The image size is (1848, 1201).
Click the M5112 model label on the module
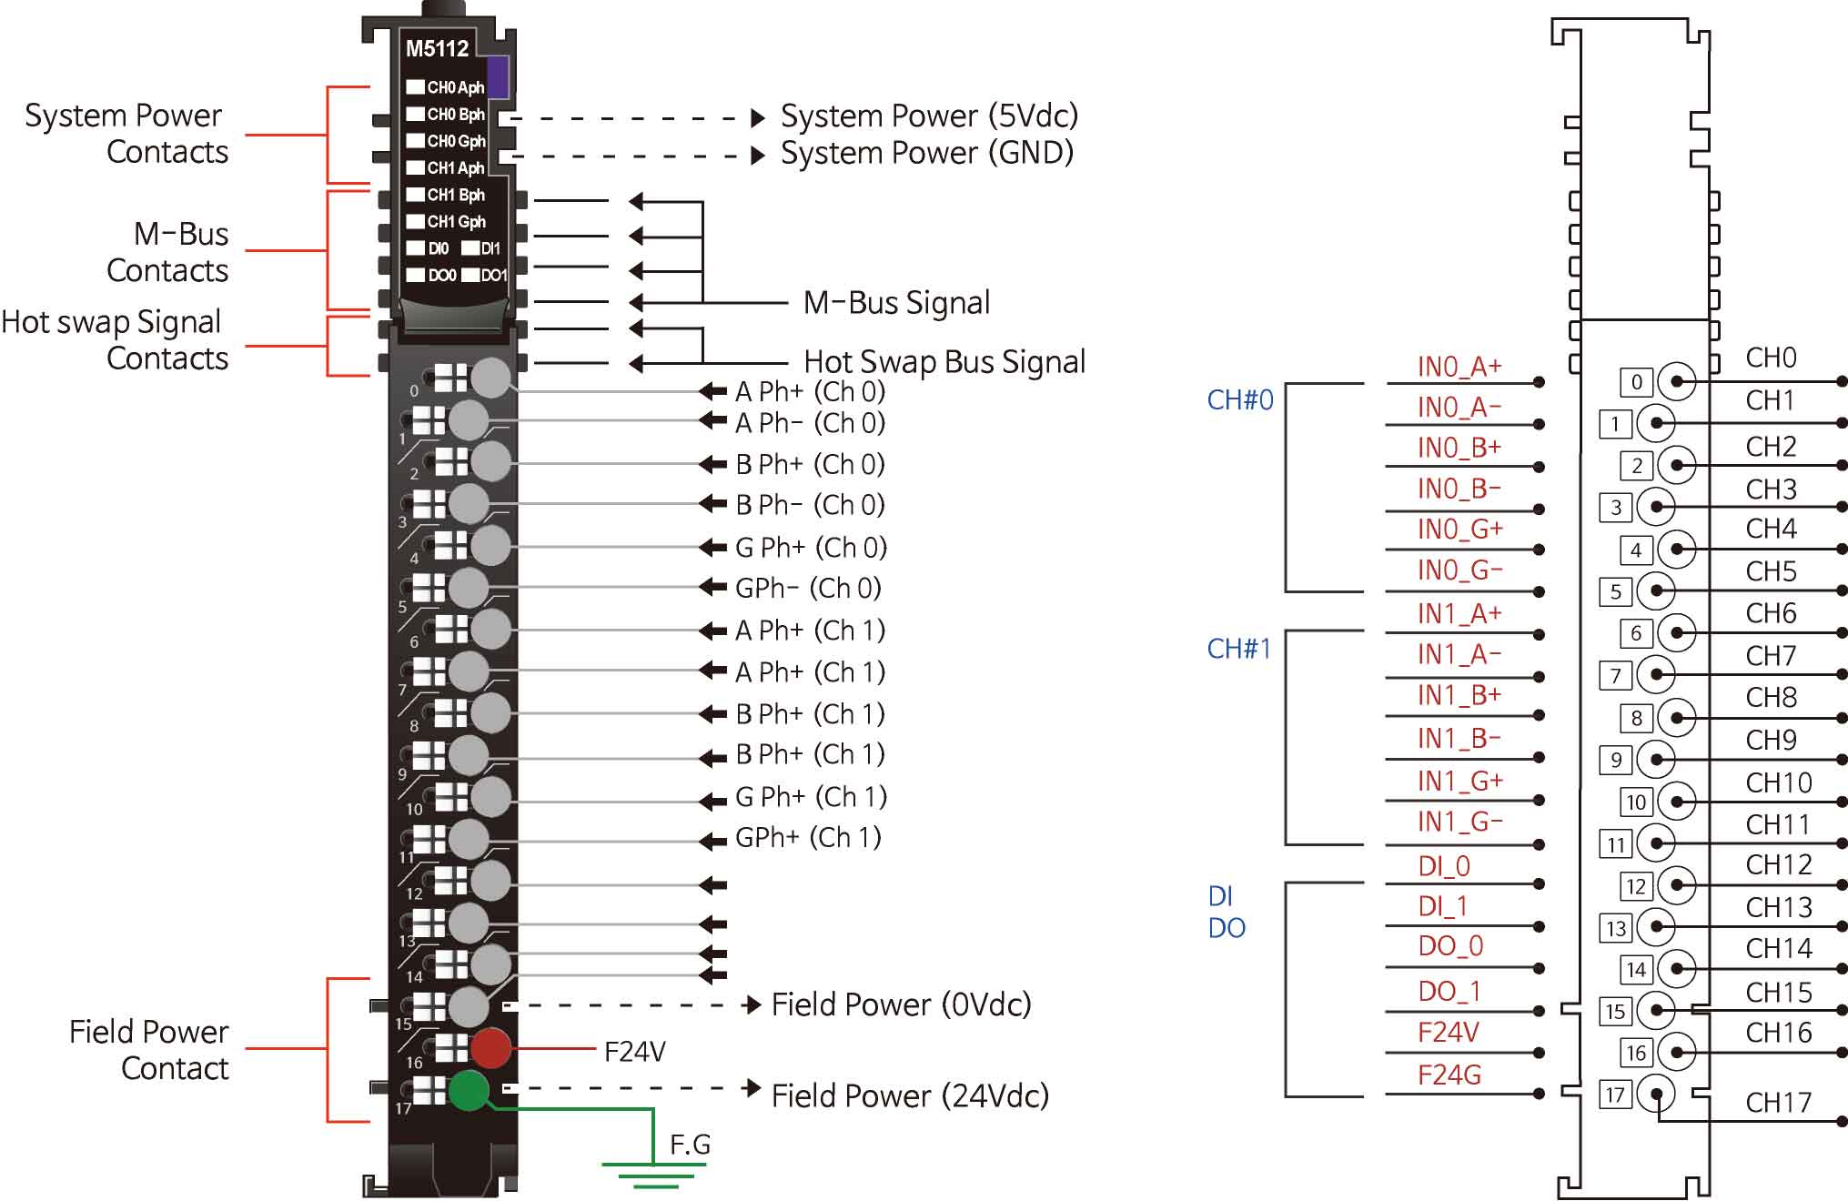437,48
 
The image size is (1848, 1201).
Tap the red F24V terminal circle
490,1048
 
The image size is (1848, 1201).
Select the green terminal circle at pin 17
470,1090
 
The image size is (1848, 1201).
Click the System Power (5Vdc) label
929,116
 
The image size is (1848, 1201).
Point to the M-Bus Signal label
896,303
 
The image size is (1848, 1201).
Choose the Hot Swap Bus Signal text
944,362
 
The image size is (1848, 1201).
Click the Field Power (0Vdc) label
901,1004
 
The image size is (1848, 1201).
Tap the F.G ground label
690,1145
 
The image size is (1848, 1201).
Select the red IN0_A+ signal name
1459,367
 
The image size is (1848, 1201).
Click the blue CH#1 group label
1238,649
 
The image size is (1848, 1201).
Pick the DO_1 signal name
1449,991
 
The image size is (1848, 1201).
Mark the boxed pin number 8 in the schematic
1636,718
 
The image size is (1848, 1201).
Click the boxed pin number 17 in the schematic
1615,1095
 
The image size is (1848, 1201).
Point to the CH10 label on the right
1778,782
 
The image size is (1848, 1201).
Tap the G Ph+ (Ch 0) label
811,547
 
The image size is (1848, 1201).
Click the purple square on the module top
498,76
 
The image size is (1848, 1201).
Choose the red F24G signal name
1449,1075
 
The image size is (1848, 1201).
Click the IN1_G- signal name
1459,823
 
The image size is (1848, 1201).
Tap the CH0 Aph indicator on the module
446,87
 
